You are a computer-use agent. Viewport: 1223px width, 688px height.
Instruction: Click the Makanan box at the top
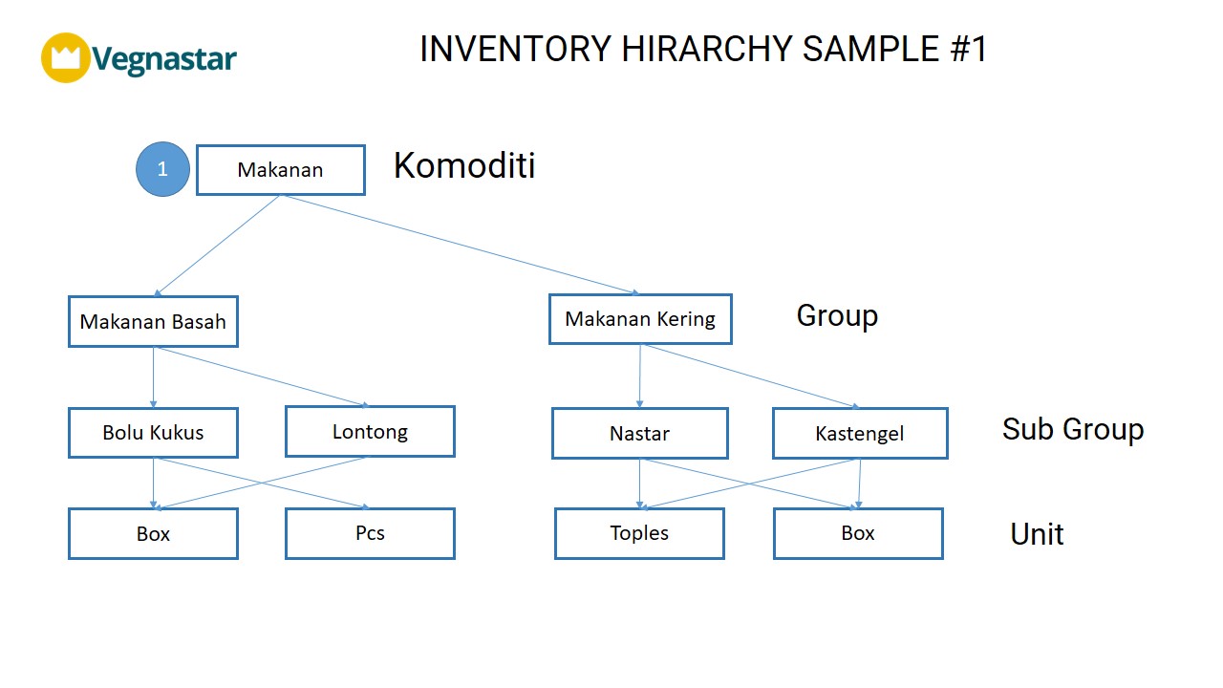(x=281, y=170)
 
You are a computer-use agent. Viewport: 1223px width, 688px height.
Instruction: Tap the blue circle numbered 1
(x=162, y=169)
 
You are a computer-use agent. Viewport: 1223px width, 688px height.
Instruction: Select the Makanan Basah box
(x=153, y=322)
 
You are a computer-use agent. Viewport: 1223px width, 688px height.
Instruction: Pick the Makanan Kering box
(x=640, y=319)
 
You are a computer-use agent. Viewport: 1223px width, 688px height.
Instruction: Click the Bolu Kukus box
(x=153, y=433)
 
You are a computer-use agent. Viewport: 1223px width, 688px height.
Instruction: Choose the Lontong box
(x=370, y=431)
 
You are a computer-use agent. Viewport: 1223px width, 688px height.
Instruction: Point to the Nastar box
(x=640, y=433)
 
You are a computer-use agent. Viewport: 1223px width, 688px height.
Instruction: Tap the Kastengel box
(x=860, y=433)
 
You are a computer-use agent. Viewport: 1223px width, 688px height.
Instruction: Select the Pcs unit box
(x=370, y=533)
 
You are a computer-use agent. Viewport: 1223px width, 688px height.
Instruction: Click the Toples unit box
(x=639, y=533)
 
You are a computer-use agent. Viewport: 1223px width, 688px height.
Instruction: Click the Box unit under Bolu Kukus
(x=153, y=533)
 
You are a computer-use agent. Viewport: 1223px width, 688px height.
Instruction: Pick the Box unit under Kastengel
(x=858, y=533)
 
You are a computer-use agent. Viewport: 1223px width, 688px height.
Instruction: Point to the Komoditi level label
(x=464, y=165)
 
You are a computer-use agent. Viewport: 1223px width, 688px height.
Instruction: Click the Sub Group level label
(x=1073, y=429)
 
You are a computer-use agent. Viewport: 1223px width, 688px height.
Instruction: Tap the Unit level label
(x=1037, y=534)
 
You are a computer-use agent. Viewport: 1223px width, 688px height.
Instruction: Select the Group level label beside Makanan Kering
(x=837, y=315)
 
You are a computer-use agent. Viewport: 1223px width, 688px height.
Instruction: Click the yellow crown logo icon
(x=66, y=58)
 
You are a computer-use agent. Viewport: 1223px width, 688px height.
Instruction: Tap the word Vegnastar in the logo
(x=163, y=58)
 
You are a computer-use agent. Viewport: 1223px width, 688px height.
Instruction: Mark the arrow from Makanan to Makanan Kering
(x=460, y=245)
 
